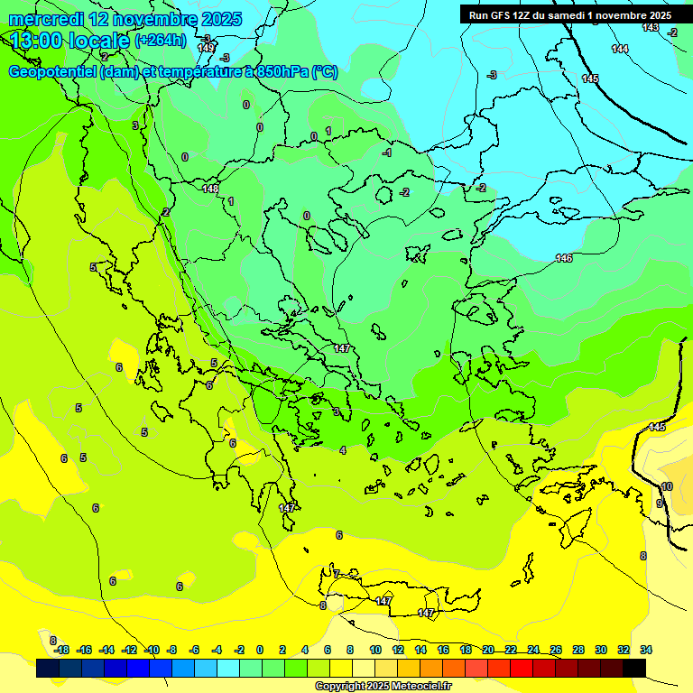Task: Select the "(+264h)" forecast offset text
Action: point(161,41)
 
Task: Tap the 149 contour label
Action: point(206,48)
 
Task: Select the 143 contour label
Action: point(650,28)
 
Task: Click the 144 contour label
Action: point(619,49)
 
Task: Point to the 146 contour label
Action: point(564,258)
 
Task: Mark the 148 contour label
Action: point(210,189)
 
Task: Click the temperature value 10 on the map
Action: point(667,486)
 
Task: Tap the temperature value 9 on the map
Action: point(659,504)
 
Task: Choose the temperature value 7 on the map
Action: point(336,574)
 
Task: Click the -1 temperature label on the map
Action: point(387,153)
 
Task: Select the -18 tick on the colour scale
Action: point(61,650)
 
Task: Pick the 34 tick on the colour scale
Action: point(646,650)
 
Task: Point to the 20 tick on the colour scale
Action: point(488,650)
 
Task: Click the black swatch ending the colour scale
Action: point(634,668)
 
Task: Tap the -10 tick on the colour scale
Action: point(152,650)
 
